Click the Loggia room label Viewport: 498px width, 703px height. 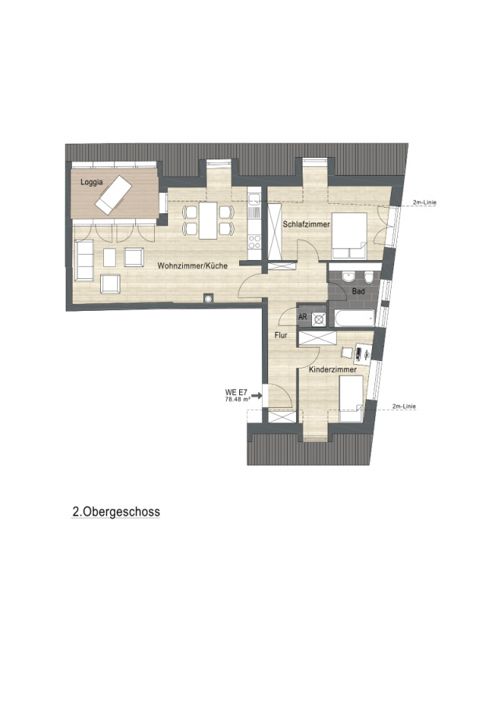click(91, 182)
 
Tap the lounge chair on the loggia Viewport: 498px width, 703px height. click(113, 194)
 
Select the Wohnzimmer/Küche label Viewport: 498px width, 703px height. click(192, 266)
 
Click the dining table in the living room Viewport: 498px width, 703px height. click(208, 220)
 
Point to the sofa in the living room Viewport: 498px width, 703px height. click(84, 260)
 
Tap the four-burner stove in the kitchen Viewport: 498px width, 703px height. click(255, 242)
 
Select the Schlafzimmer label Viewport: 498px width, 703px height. click(306, 225)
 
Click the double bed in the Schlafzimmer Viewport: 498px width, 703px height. click(349, 235)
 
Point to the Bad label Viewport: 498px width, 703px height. click(358, 291)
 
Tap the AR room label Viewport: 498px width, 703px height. click(303, 317)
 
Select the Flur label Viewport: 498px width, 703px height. click(281, 335)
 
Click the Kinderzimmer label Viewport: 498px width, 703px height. click(333, 370)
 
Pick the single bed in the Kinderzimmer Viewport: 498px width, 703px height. click(351, 398)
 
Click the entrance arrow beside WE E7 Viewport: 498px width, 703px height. click(257, 395)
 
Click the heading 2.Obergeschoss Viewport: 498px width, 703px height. click(116, 512)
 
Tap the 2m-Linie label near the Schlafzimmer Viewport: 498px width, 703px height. click(425, 202)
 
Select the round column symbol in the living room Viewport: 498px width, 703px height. click(208, 298)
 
